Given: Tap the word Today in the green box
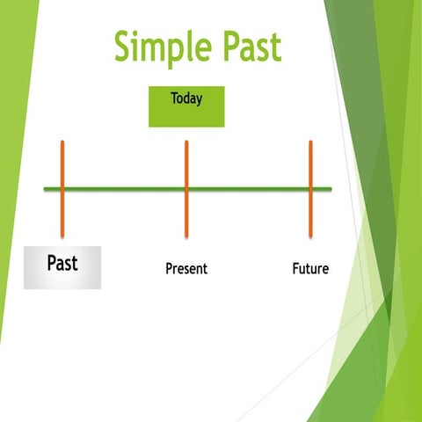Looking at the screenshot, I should (x=186, y=98).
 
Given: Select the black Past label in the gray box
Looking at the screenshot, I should (x=62, y=263).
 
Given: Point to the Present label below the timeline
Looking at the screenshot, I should (x=186, y=268).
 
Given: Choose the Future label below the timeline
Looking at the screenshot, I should (x=310, y=268).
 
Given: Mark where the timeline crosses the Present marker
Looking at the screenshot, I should (x=186, y=188).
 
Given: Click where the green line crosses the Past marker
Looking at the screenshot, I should (x=62, y=188).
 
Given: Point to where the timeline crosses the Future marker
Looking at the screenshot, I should (x=310, y=188).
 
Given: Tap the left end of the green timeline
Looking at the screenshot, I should (x=46, y=188).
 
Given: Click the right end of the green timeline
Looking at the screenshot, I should (x=330, y=188).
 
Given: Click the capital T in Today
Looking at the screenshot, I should (x=174, y=98).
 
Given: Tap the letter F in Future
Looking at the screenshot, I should (x=296, y=268).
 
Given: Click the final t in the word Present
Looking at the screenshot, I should (x=205, y=268).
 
